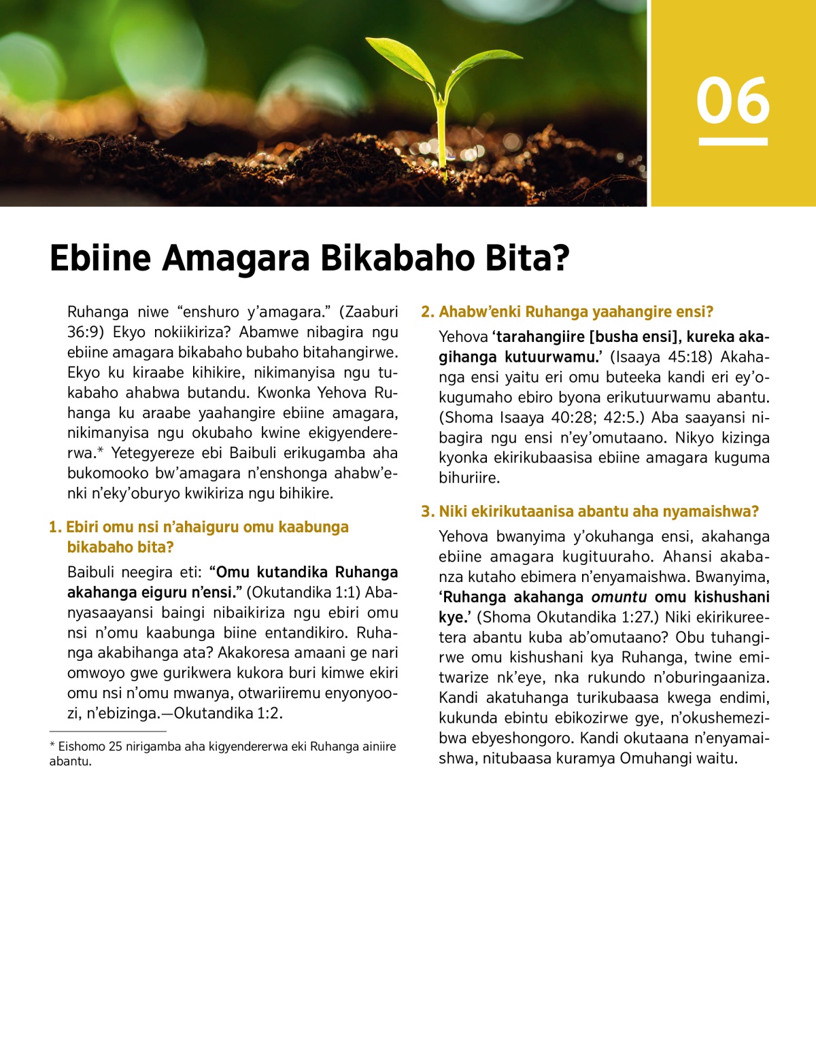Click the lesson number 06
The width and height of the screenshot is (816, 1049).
(x=732, y=101)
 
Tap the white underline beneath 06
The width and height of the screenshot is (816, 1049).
(x=732, y=141)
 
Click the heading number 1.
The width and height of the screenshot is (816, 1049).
(x=54, y=528)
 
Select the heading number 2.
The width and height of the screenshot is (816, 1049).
(x=427, y=312)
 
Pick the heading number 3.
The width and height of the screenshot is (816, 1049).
(x=427, y=512)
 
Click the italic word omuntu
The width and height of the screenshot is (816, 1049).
(x=619, y=598)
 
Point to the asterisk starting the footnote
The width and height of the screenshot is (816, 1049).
(x=52, y=746)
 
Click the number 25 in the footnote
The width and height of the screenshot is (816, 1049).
(x=115, y=746)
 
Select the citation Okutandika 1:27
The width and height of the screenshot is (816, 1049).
(x=596, y=617)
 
